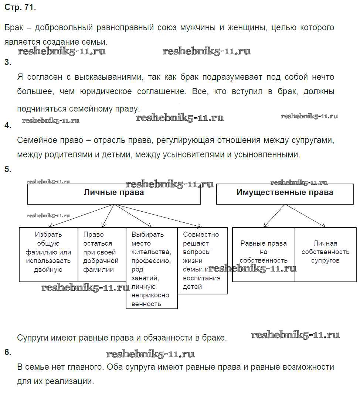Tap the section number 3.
click(8, 62)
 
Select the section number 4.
click(8, 125)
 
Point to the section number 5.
click(8, 170)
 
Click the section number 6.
click(8, 352)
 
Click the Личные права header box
click(114, 194)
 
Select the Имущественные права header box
click(285, 194)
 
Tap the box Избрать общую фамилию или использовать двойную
click(48, 254)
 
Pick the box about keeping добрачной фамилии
click(102, 254)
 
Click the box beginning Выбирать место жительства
click(152, 268)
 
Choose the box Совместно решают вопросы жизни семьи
click(202, 260)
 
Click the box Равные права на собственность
click(263, 254)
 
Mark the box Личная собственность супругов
click(325, 254)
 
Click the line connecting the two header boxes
click(208, 194)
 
